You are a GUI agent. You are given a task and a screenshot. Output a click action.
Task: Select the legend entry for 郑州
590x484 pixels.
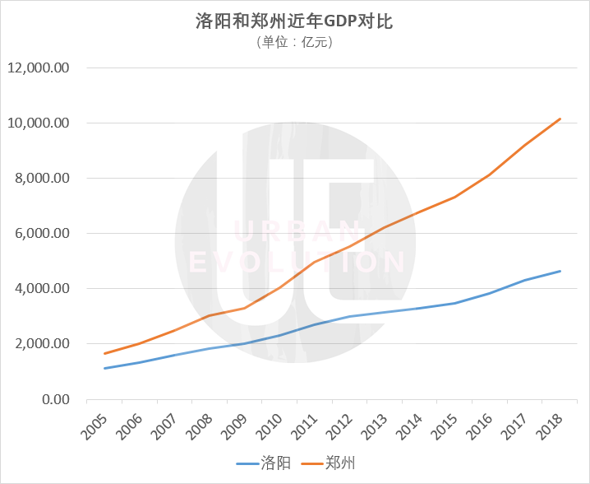(328, 464)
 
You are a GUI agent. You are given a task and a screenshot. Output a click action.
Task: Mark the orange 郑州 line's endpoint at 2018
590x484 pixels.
(560, 119)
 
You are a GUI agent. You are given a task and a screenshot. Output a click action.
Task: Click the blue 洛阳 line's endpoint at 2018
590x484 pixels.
(560, 271)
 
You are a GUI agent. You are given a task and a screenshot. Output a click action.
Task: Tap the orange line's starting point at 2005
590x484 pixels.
(104, 353)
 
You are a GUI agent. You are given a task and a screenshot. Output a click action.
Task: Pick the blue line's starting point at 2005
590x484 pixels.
(104, 368)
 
